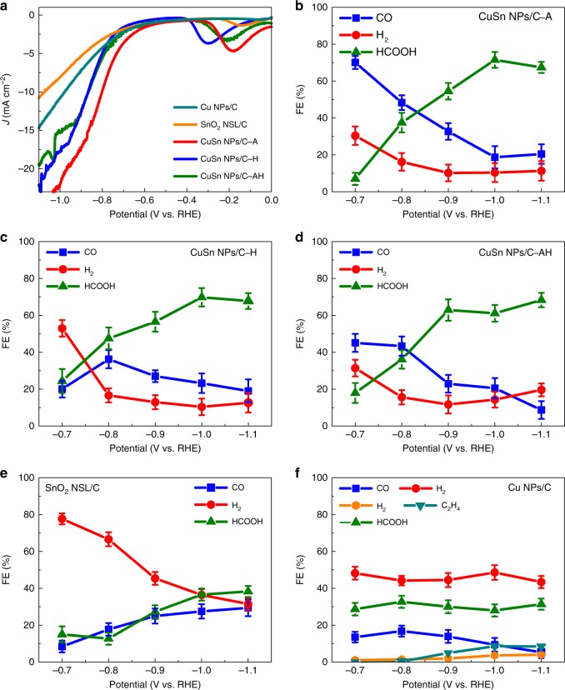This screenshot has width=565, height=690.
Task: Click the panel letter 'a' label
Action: [x=7, y=7]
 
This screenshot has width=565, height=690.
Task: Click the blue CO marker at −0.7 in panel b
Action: [x=355, y=62]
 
